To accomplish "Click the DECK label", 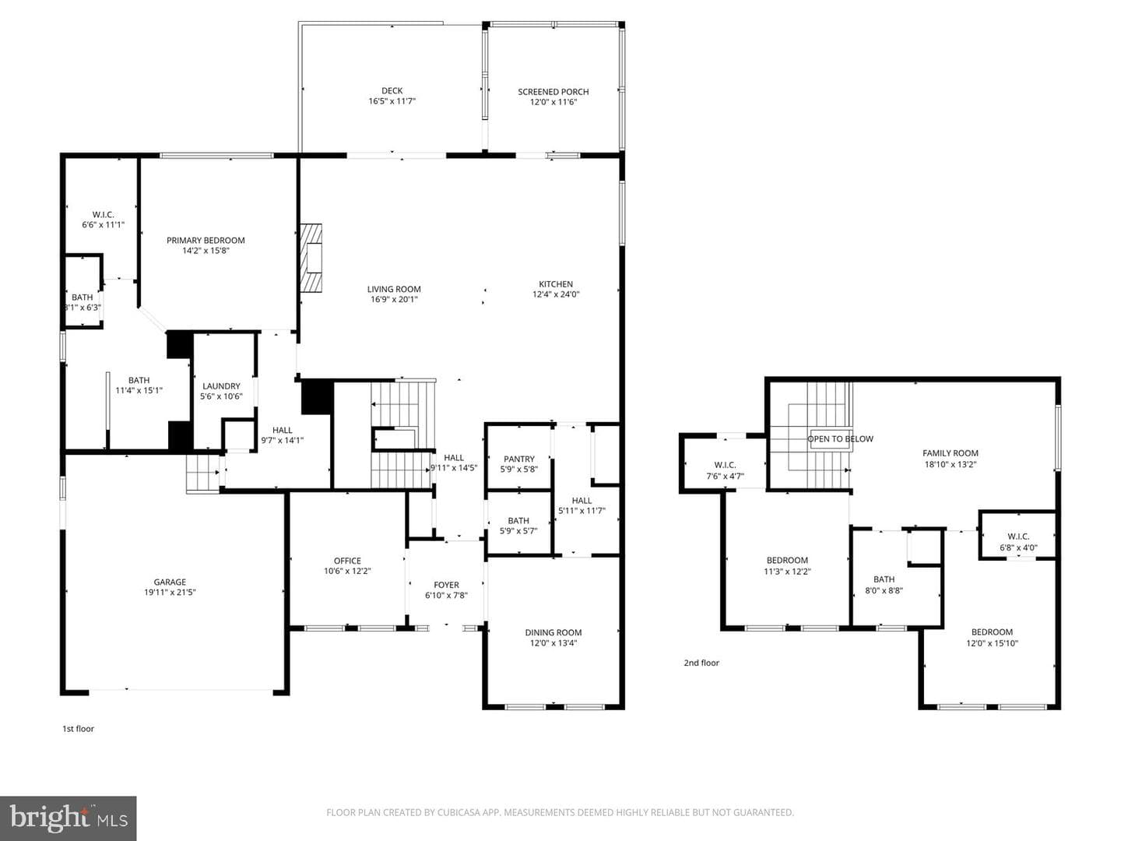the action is tap(392, 91).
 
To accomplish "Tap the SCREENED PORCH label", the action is tap(553, 92).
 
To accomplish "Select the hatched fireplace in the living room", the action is tap(311, 258).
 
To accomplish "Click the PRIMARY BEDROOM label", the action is tap(206, 241).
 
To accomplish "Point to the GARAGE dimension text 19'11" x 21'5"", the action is tap(170, 593).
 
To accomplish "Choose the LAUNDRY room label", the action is tap(221, 386).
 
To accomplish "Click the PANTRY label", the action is tap(519, 459).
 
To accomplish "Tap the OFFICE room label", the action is tap(347, 561).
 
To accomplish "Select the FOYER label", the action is tap(446, 585).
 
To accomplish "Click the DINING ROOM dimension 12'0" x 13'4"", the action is tap(553, 643).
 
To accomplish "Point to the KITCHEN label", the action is tap(556, 284).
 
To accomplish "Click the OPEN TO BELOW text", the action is tap(840, 439).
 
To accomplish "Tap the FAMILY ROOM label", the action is tap(951, 453).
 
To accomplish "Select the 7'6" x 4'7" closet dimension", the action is tap(726, 477).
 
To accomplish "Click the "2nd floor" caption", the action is tap(701, 663).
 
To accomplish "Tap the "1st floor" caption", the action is tap(78, 729).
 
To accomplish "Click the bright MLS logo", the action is tap(68, 818).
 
